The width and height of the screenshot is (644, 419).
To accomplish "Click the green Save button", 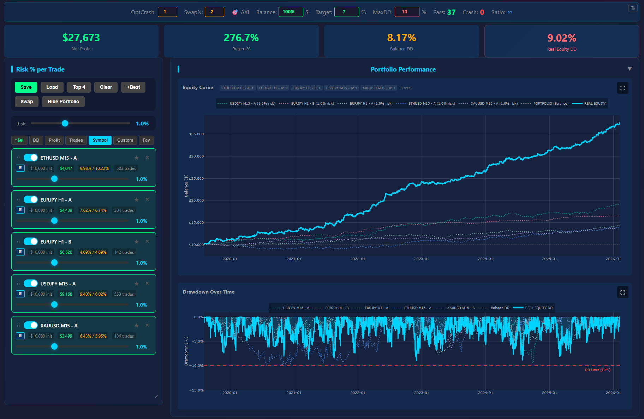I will tap(26, 87).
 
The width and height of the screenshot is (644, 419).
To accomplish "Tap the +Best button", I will tap(133, 87).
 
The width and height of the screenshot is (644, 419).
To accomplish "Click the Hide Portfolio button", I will tap(63, 101).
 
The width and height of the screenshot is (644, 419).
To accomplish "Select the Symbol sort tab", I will tap(100, 140).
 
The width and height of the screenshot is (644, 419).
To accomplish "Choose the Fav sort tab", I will tap(146, 140).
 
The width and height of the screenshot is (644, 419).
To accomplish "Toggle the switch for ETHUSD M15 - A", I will tap(31, 158).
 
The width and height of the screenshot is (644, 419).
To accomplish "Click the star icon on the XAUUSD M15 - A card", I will tap(137, 326).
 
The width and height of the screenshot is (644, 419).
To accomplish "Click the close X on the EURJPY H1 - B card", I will tap(147, 241).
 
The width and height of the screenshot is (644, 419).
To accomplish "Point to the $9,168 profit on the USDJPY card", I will tap(66, 294).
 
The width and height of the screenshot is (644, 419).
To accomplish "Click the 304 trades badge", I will tap(124, 210).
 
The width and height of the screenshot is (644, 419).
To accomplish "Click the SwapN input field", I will tap(214, 12).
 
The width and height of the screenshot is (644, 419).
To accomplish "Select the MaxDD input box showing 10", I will tap(407, 12).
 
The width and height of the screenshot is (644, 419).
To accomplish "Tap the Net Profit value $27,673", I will tap(81, 38).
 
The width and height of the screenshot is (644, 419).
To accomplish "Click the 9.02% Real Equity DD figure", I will tap(561, 38).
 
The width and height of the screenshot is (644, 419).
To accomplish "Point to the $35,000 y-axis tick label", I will tap(196, 134).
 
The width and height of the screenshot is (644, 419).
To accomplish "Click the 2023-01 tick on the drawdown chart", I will tap(422, 393).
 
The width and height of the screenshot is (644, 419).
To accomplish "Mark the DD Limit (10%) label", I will tap(597, 370).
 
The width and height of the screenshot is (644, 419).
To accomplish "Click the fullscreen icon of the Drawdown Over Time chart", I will tap(622, 292).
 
